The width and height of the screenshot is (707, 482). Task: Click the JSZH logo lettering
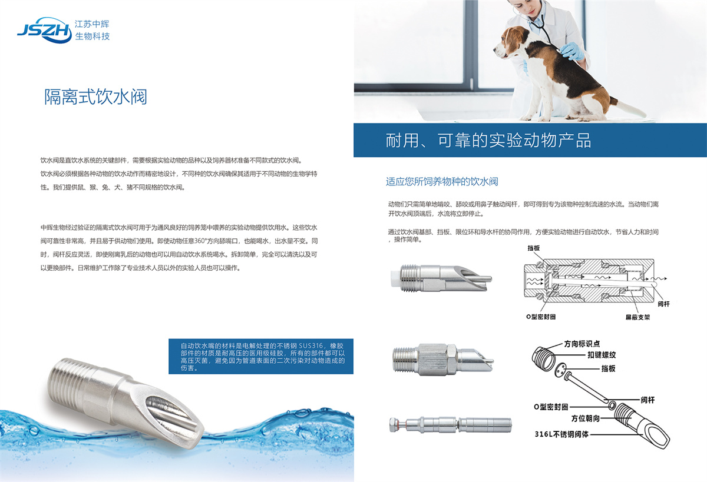tap(44, 30)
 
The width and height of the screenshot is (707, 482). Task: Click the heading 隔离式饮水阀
tap(95, 97)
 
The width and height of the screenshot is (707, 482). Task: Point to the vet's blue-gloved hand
tap(572, 51)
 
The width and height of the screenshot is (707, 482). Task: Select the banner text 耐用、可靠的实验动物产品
tap(488, 140)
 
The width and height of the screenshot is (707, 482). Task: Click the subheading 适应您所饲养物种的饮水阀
tap(442, 182)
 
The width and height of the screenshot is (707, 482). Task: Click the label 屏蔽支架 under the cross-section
tap(637, 317)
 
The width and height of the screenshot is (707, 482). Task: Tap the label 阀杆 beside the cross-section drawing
tap(663, 304)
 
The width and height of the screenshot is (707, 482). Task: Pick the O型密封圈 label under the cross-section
tap(541, 317)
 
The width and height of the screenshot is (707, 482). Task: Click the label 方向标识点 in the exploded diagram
tap(582, 344)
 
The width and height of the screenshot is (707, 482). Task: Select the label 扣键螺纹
tap(602, 355)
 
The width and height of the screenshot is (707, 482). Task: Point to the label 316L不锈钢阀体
tap(561, 434)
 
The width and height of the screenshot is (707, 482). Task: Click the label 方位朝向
tap(586, 418)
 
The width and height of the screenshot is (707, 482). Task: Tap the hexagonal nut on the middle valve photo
tap(437, 360)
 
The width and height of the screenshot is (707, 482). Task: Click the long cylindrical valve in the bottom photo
tap(450, 424)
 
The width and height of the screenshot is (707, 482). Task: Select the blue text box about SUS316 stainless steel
tap(260, 356)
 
